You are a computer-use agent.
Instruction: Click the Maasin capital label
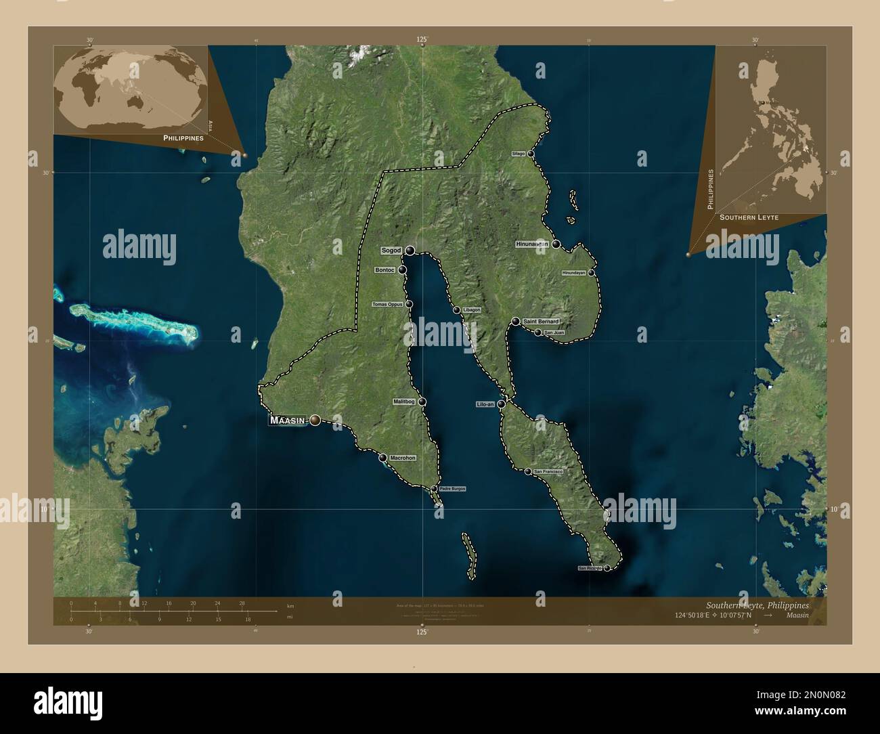click(290, 420)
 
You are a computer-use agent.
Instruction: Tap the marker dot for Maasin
click(315, 421)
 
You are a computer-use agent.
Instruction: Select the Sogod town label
click(391, 251)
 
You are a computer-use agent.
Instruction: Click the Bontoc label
click(384, 270)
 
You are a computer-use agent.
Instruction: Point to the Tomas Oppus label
click(388, 305)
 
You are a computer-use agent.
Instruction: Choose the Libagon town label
click(472, 310)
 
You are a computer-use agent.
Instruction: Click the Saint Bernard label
click(541, 321)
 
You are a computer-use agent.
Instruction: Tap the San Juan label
click(554, 332)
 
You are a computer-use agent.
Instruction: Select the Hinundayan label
click(573, 273)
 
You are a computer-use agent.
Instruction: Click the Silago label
click(519, 154)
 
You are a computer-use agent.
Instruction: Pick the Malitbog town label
click(405, 402)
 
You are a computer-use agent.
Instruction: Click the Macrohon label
click(403, 458)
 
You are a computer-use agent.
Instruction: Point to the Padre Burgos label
click(453, 489)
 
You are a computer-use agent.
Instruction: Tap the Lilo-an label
click(485, 404)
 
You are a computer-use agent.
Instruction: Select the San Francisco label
click(548, 471)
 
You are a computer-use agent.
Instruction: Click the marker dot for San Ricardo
click(607, 568)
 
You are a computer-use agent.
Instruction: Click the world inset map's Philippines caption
click(183, 137)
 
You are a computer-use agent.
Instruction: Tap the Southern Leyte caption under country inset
click(749, 217)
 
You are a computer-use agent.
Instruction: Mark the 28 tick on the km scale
click(241, 603)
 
